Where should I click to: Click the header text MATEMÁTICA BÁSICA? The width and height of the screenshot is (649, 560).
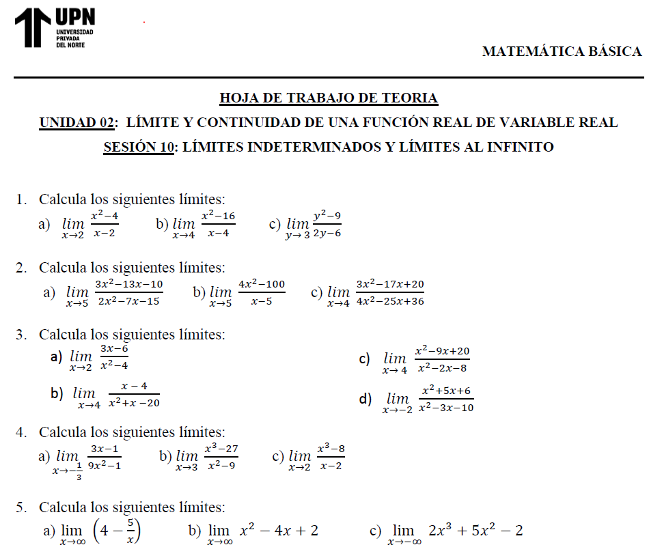pos(562,51)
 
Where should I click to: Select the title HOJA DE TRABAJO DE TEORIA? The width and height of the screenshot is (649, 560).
pos(329,98)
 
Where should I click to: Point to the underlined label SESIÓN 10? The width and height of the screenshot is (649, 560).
pos(138,147)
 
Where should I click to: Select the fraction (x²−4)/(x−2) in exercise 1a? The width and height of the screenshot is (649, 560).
pos(105,224)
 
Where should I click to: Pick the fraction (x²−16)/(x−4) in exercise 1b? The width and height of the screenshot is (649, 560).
pos(218,224)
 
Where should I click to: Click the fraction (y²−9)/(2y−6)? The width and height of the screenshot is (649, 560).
pos(327,224)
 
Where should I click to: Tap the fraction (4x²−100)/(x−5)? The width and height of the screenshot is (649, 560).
pos(262,292)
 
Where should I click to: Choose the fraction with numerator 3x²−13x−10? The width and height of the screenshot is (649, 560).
pos(128,292)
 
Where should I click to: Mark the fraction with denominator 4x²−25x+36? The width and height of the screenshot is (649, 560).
pos(390,292)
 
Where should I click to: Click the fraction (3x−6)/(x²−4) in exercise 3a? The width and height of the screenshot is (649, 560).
pos(114,356)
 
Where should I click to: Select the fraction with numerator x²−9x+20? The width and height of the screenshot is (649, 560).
pos(442,359)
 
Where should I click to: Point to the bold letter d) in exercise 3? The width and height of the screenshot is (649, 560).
pos(365,399)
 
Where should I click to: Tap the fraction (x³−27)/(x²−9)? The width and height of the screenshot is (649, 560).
pos(221,457)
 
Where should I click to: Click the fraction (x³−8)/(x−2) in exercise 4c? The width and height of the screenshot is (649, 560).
pos(331,457)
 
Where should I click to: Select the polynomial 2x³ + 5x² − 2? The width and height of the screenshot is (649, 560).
pos(475,531)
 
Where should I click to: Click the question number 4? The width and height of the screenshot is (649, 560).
pos(21,432)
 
